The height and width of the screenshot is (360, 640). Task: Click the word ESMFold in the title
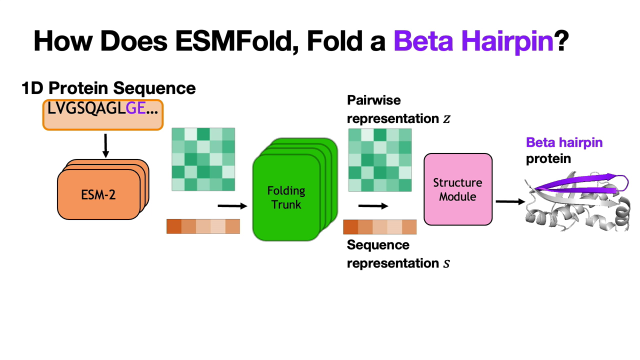pos(236,41)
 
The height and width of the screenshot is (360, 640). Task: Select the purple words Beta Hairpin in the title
pos(473,41)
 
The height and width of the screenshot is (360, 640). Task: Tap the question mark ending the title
pos(561,40)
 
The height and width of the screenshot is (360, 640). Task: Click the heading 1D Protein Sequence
pos(108,88)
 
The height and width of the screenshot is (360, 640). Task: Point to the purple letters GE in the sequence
pos(135,108)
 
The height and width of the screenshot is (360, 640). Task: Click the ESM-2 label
pos(98,195)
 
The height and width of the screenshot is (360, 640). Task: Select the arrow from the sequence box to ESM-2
pos(105,145)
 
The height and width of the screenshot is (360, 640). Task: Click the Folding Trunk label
pos(286,197)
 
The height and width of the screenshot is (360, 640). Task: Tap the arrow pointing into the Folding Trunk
pos(232,205)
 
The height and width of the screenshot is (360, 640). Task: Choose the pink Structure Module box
pos(458,189)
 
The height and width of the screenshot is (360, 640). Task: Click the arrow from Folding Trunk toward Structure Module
pos(373,205)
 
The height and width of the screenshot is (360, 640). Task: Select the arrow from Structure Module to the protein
pos(510,201)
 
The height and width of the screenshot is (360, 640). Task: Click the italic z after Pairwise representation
pos(446,119)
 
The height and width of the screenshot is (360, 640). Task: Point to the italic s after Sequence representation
pos(446,263)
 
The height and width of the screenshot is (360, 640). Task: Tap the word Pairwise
pos(373,100)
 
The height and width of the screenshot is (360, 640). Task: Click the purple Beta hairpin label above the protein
pos(564,142)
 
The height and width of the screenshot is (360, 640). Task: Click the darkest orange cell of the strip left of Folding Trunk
pos(174,226)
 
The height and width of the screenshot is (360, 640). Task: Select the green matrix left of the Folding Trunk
pos(203,159)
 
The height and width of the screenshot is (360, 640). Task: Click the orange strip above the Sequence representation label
pos(380,227)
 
